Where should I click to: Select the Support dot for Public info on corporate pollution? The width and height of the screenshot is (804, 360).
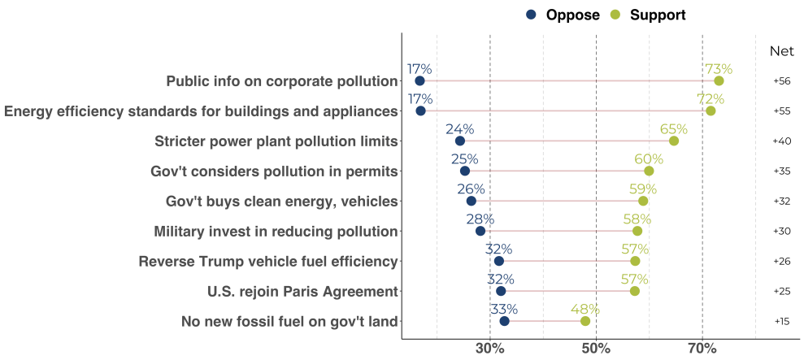tap(719, 80)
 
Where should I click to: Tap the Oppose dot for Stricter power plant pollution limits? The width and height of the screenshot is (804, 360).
tap(460, 141)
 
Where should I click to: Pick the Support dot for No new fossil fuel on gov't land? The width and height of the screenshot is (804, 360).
tap(585, 321)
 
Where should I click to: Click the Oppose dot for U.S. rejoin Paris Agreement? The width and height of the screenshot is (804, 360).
tap(501, 291)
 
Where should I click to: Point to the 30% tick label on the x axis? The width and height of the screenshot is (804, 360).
tap(490, 349)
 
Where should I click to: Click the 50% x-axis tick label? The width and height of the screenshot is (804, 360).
tap(596, 349)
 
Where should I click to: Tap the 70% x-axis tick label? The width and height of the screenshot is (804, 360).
tap(702, 349)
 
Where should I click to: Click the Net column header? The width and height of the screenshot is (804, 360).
tap(781, 51)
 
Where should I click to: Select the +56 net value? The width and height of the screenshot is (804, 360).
tap(781, 81)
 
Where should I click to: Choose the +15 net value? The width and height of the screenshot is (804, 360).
tap(781, 322)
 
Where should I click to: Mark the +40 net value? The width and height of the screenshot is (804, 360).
tap(781, 141)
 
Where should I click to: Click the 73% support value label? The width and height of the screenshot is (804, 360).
tap(719, 69)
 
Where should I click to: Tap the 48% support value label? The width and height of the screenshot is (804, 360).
tap(585, 310)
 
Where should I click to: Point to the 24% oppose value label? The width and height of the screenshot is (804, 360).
tap(460, 130)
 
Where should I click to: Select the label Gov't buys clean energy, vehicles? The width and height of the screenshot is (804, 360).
tap(282, 202)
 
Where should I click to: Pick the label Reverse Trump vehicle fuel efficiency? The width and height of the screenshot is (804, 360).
tap(268, 262)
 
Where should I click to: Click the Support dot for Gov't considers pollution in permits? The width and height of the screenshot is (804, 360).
tap(649, 171)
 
